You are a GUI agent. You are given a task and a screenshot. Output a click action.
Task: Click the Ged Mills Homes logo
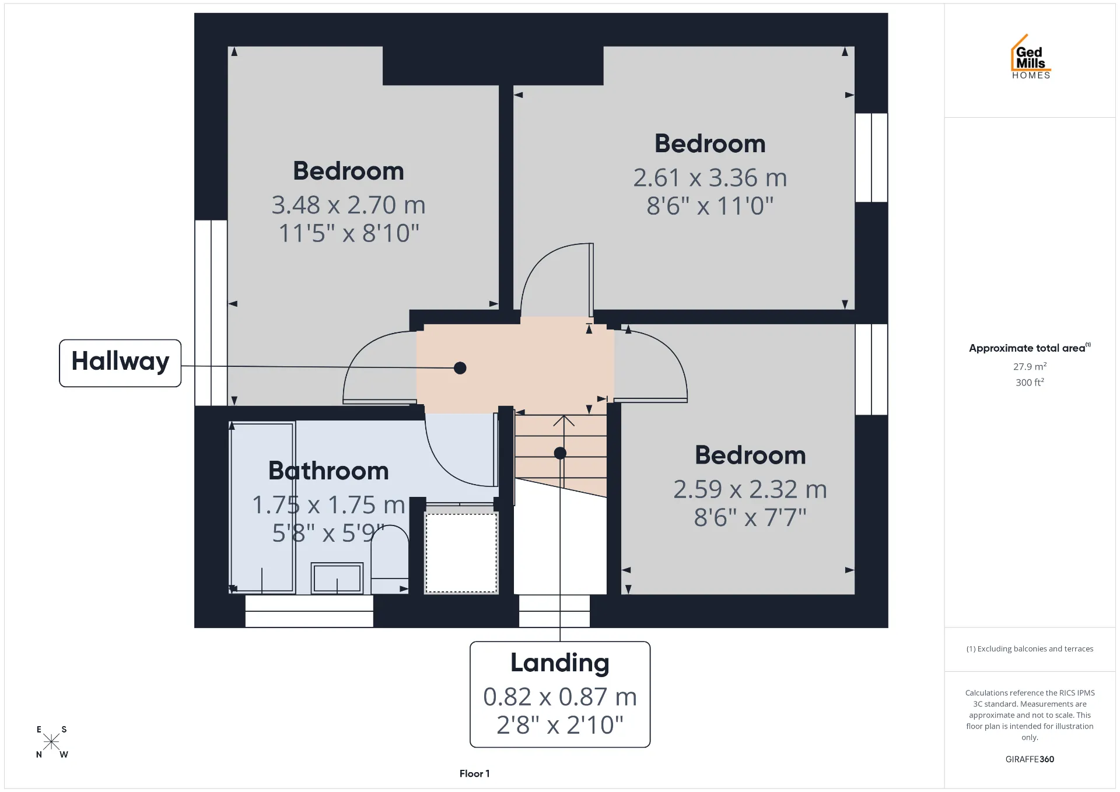click(1031, 57)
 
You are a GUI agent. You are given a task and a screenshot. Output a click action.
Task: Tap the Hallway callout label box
click(120, 363)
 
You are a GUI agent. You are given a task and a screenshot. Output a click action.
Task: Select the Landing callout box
click(560, 694)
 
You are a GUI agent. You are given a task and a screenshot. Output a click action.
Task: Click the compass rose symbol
click(51, 741)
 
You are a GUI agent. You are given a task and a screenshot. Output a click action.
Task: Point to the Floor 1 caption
click(474, 773)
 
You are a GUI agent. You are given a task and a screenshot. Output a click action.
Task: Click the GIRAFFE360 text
click(1030, 759)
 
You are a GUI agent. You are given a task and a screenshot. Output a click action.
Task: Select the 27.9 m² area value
click(1030, 366)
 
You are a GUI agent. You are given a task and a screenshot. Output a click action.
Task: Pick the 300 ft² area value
click(1030, 382)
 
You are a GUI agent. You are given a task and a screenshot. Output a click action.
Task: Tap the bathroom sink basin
click(337, 577)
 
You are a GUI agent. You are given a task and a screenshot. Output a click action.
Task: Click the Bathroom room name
click(328, 471)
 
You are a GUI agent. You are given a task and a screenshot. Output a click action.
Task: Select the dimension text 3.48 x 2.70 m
click(349, 205)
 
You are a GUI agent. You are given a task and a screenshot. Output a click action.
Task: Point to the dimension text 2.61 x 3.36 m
click(710, 178)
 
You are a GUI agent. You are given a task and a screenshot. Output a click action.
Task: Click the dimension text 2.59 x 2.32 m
click(750, 489)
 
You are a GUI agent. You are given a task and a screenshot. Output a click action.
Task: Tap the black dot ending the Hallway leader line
click(460, 368)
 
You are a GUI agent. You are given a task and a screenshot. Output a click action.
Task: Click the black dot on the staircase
click(560, 453)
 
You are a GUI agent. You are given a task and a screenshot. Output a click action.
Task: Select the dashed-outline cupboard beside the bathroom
click(461, 552)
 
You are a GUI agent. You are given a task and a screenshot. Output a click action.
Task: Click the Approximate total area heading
click(1030, 348)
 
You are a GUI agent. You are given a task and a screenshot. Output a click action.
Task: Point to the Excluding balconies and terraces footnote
click(1030, 649)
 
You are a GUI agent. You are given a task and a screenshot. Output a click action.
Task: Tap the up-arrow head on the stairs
click(563, 420)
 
